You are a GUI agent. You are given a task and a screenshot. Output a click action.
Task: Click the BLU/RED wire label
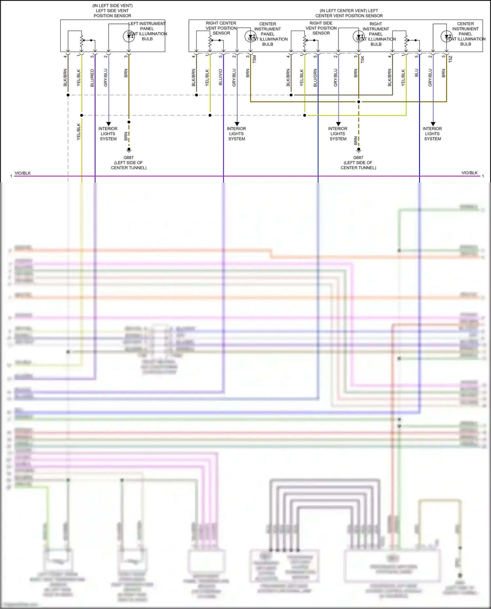(92, 78)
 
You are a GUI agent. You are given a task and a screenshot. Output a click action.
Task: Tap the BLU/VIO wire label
(221, 77)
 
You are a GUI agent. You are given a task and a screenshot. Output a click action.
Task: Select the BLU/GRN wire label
(315, 78)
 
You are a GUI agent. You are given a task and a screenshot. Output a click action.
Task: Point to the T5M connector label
(254, 59)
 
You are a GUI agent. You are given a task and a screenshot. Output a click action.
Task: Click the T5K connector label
(362, 59)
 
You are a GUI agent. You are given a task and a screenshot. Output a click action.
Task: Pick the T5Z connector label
(450, 59)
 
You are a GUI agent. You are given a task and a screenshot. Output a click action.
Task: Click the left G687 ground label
(129, 158)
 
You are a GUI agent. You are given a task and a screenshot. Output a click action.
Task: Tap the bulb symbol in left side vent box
(129, 36)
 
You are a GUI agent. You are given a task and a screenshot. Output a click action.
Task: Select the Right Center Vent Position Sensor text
(221, 28)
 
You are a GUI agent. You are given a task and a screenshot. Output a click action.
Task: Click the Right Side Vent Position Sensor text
(321, 28)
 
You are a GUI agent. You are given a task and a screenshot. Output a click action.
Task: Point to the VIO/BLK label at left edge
(23, 173)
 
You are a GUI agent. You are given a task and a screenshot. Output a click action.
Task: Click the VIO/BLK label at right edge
(469, 173)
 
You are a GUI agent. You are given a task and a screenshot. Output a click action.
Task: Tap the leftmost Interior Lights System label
(108, 134)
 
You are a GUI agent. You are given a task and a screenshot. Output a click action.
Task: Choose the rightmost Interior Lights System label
(432, 134)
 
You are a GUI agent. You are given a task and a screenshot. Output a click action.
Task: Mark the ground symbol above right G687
(359, 150)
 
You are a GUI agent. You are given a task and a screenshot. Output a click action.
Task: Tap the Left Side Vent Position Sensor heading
(112, 11)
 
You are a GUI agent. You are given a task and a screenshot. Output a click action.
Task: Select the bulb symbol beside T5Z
(446, 36)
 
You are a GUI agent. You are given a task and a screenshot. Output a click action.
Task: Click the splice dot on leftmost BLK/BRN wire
(68, 95)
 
